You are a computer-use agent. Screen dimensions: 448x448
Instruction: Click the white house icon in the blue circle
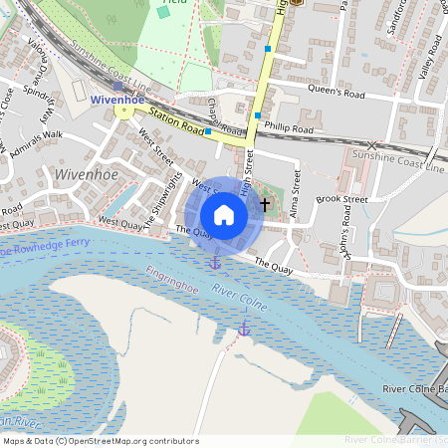224,215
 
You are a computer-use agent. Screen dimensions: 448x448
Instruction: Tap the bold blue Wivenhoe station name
117,100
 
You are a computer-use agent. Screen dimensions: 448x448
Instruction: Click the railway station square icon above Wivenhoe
117,87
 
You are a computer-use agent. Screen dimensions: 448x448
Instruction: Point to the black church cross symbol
264,204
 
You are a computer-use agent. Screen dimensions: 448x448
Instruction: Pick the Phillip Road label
291,129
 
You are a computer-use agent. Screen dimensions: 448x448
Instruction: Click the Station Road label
179,125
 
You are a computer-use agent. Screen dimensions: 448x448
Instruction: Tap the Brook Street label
341,199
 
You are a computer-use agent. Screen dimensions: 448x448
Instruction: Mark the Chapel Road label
227,120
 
